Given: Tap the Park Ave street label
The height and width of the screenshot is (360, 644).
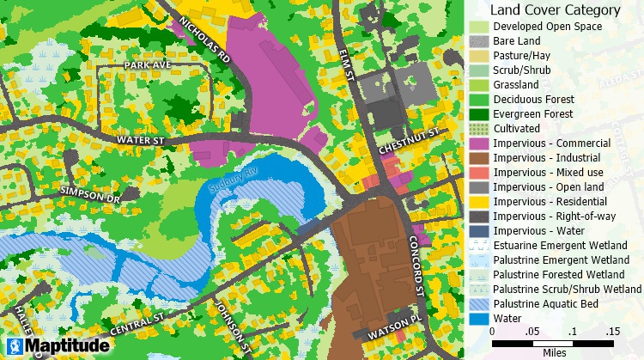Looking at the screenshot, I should click(124, 64).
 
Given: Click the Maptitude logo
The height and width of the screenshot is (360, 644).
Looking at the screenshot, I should click(56, 347).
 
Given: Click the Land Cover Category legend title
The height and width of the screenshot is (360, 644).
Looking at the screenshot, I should click(554, 10).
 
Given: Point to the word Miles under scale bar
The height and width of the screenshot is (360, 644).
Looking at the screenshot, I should click(553, 352).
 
